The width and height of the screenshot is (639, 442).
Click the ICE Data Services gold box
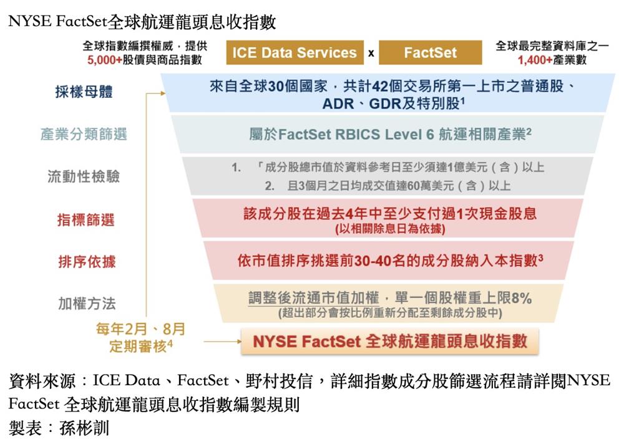295,52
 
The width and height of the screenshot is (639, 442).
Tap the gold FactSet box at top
431,52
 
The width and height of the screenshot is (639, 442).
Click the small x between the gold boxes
371,54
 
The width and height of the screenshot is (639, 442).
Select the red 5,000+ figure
104,60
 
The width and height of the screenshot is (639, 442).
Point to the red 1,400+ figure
535,60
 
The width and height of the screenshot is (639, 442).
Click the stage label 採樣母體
84,92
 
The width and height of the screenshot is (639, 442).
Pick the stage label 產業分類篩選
84,134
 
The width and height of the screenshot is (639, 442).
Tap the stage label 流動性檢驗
84,176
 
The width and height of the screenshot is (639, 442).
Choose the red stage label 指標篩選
86,220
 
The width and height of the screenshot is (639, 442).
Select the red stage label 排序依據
87,262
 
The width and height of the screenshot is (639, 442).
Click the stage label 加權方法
87,303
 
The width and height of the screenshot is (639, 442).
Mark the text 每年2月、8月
140,329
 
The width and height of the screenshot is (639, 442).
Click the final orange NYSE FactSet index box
389,342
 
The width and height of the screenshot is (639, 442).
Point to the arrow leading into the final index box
223,342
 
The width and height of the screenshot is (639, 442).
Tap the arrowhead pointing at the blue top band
163,94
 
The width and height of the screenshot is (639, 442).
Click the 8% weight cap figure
522,298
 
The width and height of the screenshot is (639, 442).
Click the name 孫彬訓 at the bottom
84,428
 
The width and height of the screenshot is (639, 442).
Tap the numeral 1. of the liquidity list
237,167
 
